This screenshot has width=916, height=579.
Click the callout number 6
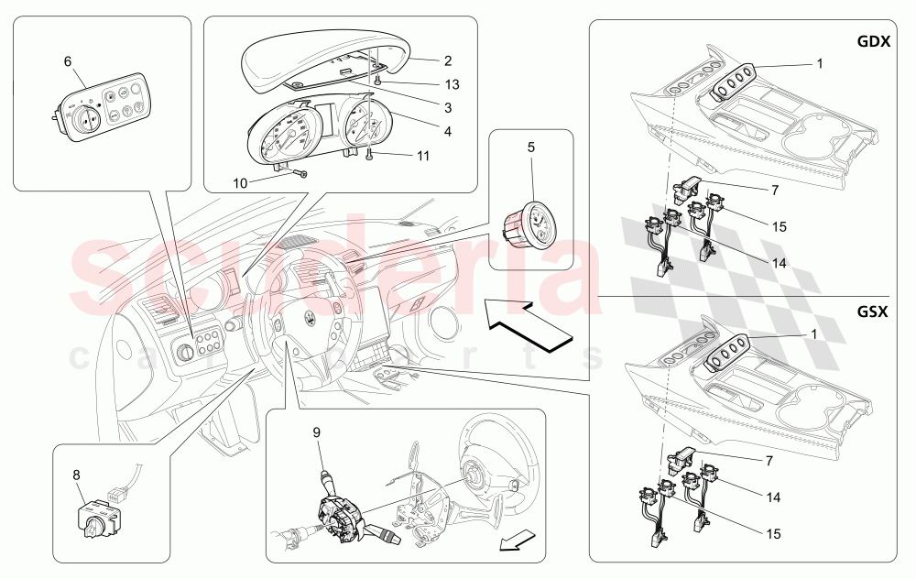[68, 61]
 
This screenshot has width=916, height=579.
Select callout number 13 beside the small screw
[453, 84]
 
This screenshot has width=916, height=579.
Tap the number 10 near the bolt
[240, 183]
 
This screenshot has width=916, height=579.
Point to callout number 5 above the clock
[531, 147]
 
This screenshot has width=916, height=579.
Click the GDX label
[873, 41]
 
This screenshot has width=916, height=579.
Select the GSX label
[872, 311]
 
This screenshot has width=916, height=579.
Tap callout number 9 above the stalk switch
[317, 432]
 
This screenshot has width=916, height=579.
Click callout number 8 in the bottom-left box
[77, 475]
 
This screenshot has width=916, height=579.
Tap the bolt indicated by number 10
[300, 173]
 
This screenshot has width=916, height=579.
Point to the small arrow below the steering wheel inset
[518, 541]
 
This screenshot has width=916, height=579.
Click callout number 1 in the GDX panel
[820, 64]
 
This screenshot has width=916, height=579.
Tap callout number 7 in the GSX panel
[769, 461]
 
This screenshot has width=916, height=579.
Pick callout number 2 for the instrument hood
[448, 60]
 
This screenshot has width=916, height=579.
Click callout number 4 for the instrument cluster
[448, 131]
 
